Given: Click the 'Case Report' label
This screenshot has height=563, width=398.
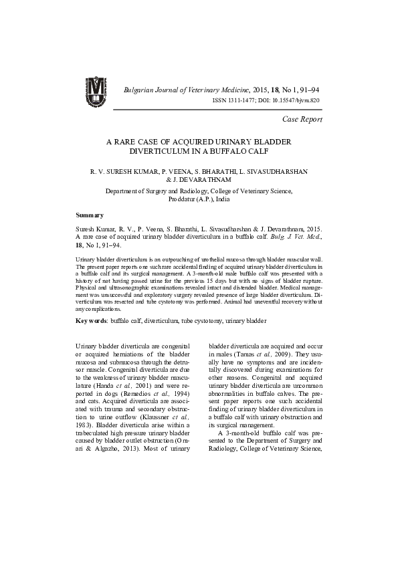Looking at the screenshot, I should [x=302, y=119].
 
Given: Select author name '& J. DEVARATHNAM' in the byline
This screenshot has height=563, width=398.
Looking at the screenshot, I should [x=199, y=180].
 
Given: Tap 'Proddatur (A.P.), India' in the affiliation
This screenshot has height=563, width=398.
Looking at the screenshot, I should [x=199, y=199].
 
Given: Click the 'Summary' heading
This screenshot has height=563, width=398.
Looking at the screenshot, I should [x=90, y=215].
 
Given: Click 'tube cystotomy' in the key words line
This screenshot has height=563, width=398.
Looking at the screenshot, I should [x=201, y=321].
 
